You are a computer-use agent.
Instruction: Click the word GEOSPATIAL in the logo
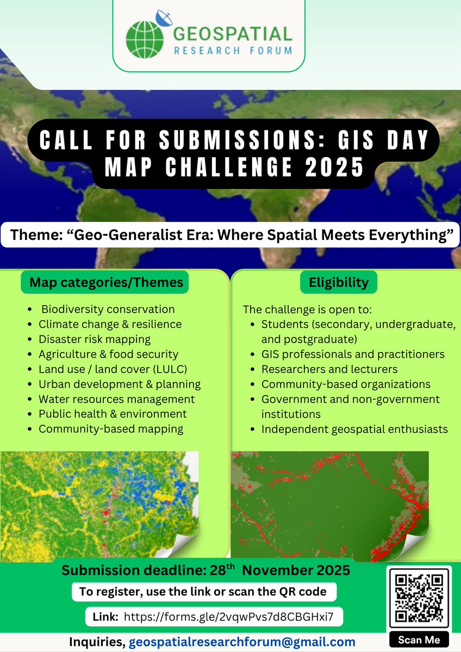(x=233, y=34)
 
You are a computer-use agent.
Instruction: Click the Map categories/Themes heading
(x=106, y=283)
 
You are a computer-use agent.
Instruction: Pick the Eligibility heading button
(x=338, y=283)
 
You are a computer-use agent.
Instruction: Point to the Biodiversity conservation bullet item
(x=108, y=309)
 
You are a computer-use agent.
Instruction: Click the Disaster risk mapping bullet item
(x=94, y=339)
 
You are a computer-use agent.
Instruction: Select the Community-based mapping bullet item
(x=111, y=429)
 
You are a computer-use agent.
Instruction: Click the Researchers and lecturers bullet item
(x=329, y=369)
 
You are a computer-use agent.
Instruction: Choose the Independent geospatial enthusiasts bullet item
(x=354, y=429)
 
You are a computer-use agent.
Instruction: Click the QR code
(x=420, y=598)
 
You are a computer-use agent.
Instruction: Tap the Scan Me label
(x=419, y=639)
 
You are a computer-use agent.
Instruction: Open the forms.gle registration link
(x=228, y=617)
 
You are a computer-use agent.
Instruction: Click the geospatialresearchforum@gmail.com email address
(x=242, y=642)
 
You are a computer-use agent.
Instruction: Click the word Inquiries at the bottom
(x=97, y=642)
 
